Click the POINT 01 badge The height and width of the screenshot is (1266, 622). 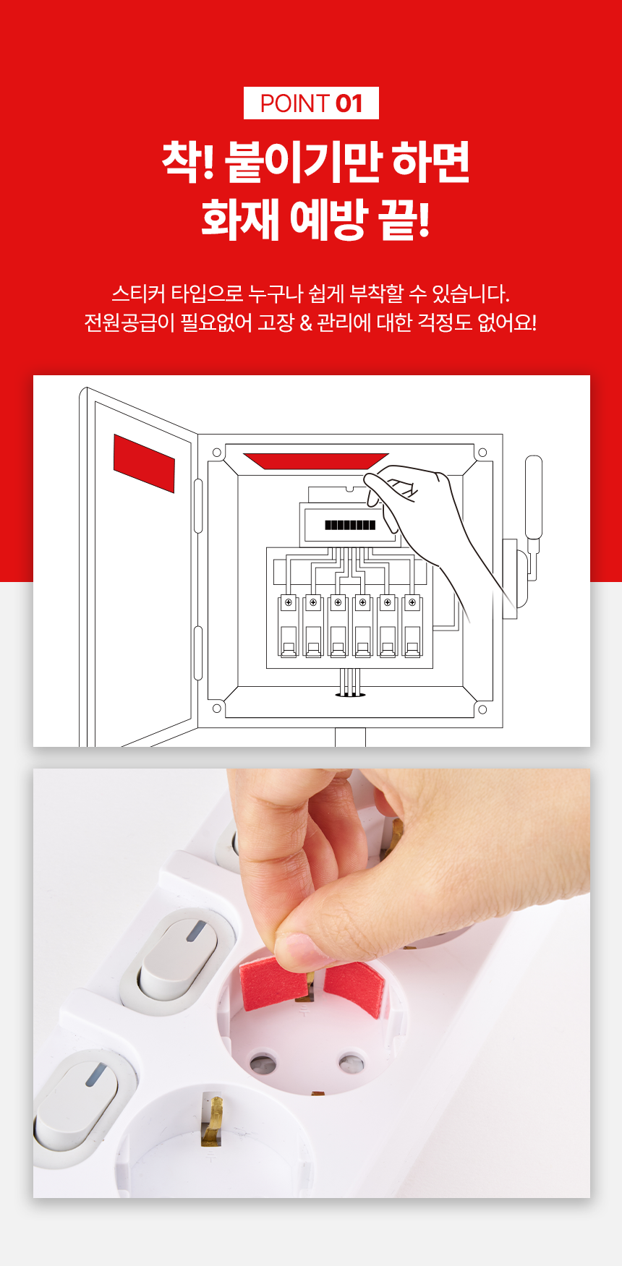[311, 103]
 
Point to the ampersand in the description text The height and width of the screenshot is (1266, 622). [306, 322]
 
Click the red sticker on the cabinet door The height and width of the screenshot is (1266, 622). [144, 463]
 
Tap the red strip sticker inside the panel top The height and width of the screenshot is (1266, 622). [316, 461]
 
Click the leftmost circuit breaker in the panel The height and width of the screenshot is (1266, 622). [289, 625]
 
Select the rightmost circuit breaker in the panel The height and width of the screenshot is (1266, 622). [412, 625]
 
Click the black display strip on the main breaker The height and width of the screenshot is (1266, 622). [350, 525]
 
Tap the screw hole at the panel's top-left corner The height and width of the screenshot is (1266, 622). [216, 453]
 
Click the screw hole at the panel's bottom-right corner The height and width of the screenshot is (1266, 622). [482, 709]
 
